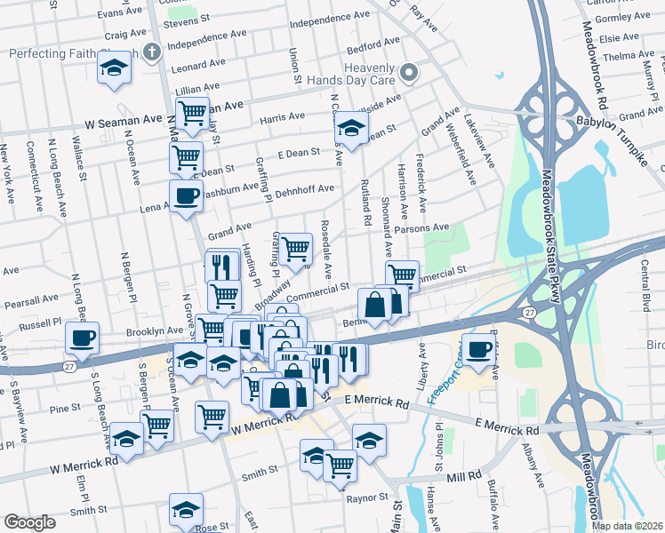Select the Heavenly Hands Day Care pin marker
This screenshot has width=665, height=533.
(409, 72)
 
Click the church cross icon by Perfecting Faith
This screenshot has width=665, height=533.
(152, 51)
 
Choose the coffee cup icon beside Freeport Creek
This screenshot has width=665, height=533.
(478, 348)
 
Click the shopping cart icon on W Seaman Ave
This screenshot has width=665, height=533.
(192, 113)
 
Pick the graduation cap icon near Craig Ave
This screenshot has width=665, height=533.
(114, 70)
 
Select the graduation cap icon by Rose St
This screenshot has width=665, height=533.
(186, 509)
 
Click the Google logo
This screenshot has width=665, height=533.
(29, 522)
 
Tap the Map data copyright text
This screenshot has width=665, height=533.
(627, 526)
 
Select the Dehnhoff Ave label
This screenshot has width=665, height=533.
(304, 189)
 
